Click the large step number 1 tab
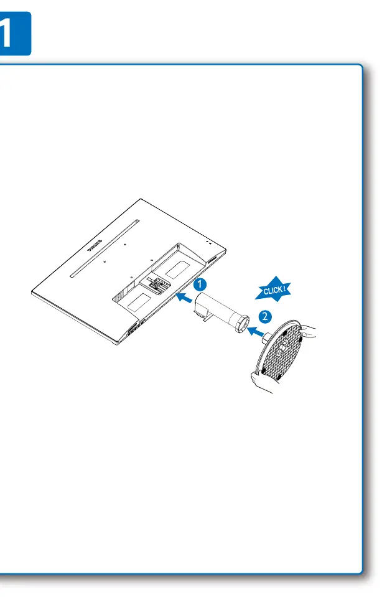14,34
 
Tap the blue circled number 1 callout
200,284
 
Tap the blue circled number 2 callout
265,316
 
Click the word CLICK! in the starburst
274,290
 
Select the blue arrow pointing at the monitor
185,298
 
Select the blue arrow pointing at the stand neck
256,331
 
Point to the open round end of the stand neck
242,324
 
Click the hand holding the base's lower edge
263,382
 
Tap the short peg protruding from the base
267,337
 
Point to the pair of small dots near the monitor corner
208,242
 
